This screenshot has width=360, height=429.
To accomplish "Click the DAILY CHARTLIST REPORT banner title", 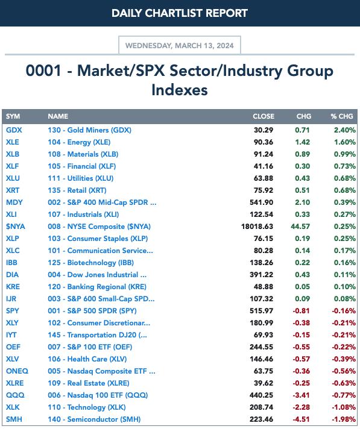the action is click(x=180, y=13).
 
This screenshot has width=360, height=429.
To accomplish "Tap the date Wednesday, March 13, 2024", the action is click(x=180, y=45).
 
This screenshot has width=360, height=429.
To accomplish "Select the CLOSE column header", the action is click(x=264, y=116).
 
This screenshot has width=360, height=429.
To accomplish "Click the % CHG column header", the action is click(x=342, y=116).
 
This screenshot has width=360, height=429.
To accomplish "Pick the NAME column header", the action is click(x=58, y=116).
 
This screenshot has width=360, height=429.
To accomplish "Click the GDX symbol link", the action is click(x=14, y=130).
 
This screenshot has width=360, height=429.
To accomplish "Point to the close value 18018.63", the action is click(x=257, y=227).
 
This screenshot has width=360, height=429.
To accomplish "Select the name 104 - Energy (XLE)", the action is click(x=79, y=142).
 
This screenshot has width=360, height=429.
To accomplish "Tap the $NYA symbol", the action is click(x=16, y=227).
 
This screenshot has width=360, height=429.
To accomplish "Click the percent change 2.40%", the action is click(x=345, y=130).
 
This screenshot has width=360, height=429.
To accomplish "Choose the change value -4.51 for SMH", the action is click(x=301, y=419).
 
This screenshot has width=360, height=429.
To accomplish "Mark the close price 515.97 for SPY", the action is click(x=262, y=311).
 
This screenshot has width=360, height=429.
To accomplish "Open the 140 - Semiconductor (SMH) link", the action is click(x=94, y=419).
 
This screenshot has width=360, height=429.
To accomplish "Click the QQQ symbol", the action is click(x=15, y=395).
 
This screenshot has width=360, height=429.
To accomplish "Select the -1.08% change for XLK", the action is click(x=344, y=407).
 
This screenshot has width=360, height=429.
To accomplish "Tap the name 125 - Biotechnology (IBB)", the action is click(x=91, y=263).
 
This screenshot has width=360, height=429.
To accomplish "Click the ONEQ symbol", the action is click(x=17, y=371).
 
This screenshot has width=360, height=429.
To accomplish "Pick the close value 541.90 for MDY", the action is click(x=262, y=202).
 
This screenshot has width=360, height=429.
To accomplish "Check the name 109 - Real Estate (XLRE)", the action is click(x=89, y=383).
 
